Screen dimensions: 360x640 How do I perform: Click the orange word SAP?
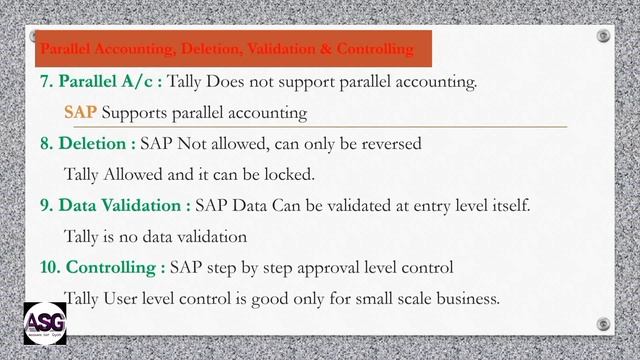[80, 112]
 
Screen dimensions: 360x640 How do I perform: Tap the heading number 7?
[46, 81]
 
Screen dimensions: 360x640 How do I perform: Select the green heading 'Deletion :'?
[97, 143]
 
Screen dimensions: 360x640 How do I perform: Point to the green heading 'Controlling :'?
[115, 267]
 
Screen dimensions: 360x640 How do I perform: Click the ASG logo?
[45, 322]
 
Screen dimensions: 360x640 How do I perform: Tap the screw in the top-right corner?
[603, 36]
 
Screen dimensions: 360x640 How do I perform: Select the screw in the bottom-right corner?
[602, 323]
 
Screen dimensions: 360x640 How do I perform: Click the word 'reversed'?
[388, 143]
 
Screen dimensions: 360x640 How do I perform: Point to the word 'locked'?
[286, 174]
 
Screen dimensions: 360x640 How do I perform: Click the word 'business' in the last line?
[463, 298]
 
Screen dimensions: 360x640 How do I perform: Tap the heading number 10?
[50, 267]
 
